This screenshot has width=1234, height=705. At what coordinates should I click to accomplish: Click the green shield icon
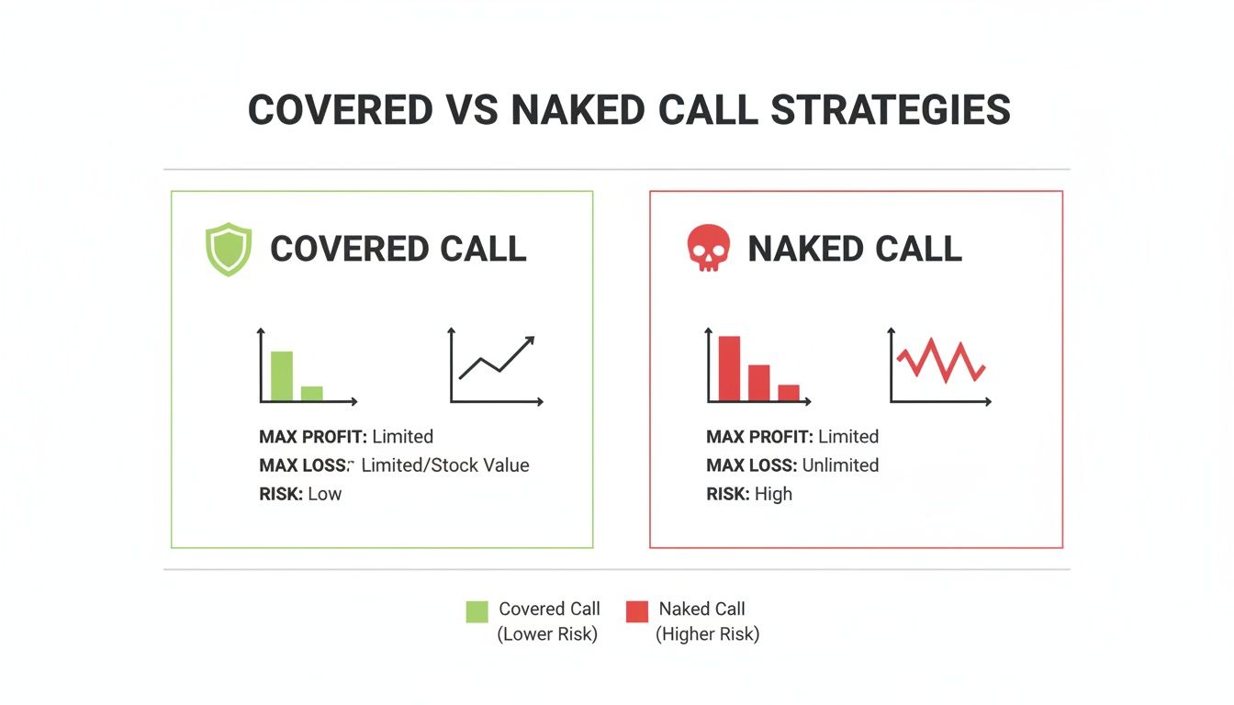228,251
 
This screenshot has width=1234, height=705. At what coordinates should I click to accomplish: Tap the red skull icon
708,250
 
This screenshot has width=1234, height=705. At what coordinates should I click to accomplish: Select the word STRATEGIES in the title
891,110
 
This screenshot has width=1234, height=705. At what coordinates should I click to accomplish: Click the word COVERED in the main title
341,110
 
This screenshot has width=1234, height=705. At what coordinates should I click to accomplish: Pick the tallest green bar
282,376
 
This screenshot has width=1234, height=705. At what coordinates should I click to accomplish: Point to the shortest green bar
312,393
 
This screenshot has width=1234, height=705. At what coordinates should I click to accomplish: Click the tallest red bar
729,368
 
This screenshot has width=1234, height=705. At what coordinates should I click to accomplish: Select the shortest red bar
789,392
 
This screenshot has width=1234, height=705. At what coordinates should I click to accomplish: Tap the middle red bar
758,383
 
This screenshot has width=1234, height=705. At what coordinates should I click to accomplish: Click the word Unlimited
840,465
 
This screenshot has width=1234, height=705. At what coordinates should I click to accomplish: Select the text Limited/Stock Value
445,465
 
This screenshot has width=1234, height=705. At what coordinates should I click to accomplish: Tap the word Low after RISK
324,494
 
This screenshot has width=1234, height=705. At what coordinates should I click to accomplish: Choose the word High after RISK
773,494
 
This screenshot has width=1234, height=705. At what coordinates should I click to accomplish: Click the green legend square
477,611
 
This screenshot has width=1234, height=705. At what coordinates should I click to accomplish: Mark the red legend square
636,611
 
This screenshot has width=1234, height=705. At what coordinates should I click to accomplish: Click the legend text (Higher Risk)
707,634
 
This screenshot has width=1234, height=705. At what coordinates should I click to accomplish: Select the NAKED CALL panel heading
854,250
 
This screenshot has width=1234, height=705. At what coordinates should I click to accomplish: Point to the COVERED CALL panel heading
398,250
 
